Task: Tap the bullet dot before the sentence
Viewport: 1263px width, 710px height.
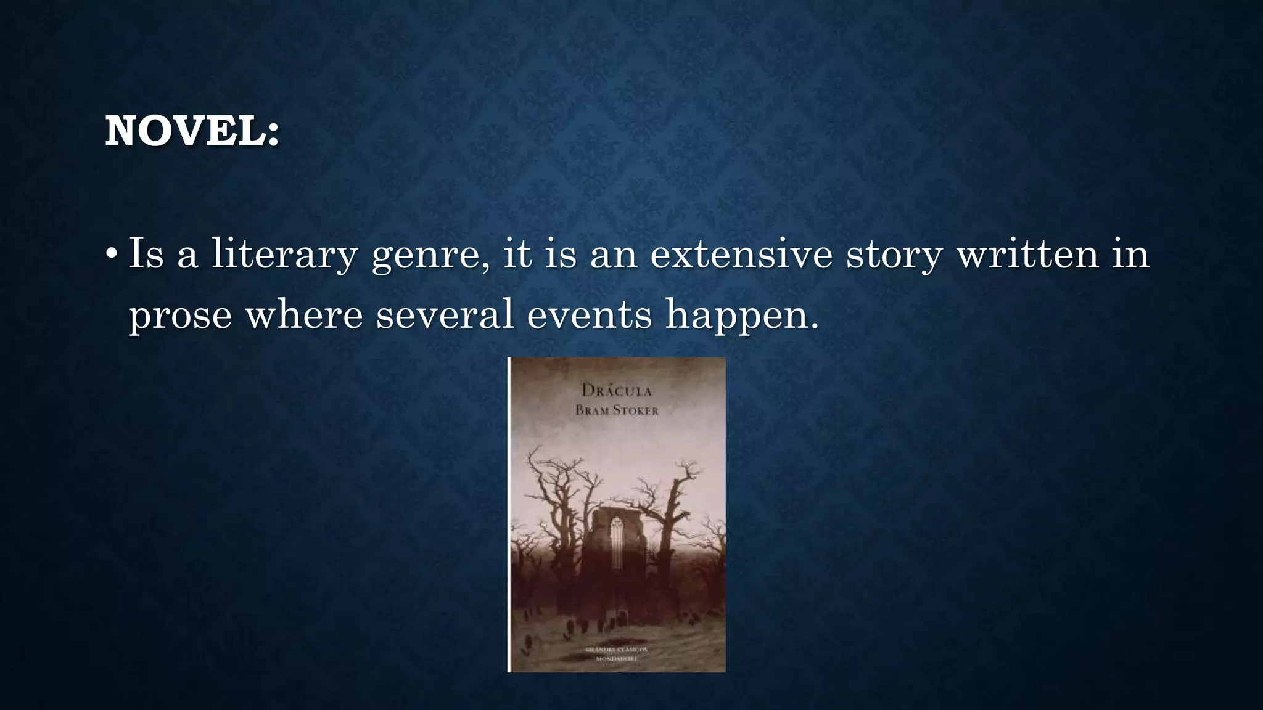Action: tap(111, 254)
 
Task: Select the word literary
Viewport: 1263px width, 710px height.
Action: tap(284, 255)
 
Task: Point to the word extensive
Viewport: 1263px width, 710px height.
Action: tap(741, 254)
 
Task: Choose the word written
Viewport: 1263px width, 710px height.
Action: tap(1027, 254)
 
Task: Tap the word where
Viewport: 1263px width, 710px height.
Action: tap(304, 314)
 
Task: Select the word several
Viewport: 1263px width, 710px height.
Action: tap(445, 314)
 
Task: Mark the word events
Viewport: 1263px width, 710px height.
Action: tap(589, 314)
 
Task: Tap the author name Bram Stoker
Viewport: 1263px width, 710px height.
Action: tap(617, 410)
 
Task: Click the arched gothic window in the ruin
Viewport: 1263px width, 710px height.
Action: tap(617, 542)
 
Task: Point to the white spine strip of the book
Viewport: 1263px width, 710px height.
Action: tap(509, 515)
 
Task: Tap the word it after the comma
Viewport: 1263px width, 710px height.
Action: tap(517, 254)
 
